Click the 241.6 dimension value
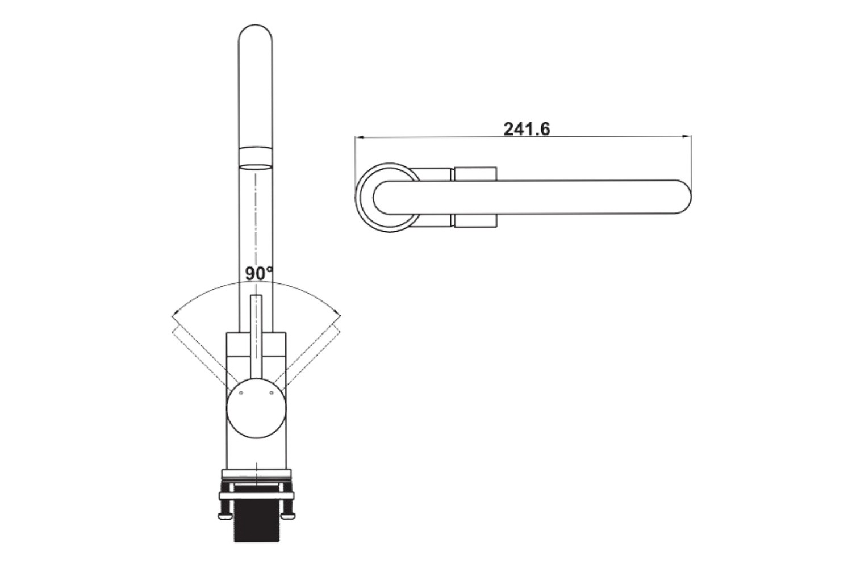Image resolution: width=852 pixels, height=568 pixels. [527, 129]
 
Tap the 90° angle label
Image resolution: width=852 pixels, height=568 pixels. [259, 273]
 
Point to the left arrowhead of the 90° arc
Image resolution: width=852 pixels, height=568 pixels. [174, 314]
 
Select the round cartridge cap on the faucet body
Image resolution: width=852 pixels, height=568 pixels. [256, 408]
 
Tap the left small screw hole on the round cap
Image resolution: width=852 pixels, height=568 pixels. [241, 392]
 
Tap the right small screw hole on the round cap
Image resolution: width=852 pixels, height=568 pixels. [272, 392]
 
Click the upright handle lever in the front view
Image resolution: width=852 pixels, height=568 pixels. [256, 335]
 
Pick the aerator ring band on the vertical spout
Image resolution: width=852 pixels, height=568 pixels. [255, 157]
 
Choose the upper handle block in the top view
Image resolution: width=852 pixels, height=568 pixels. [475, 174]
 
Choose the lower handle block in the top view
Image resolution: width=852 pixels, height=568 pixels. [475, 221]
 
